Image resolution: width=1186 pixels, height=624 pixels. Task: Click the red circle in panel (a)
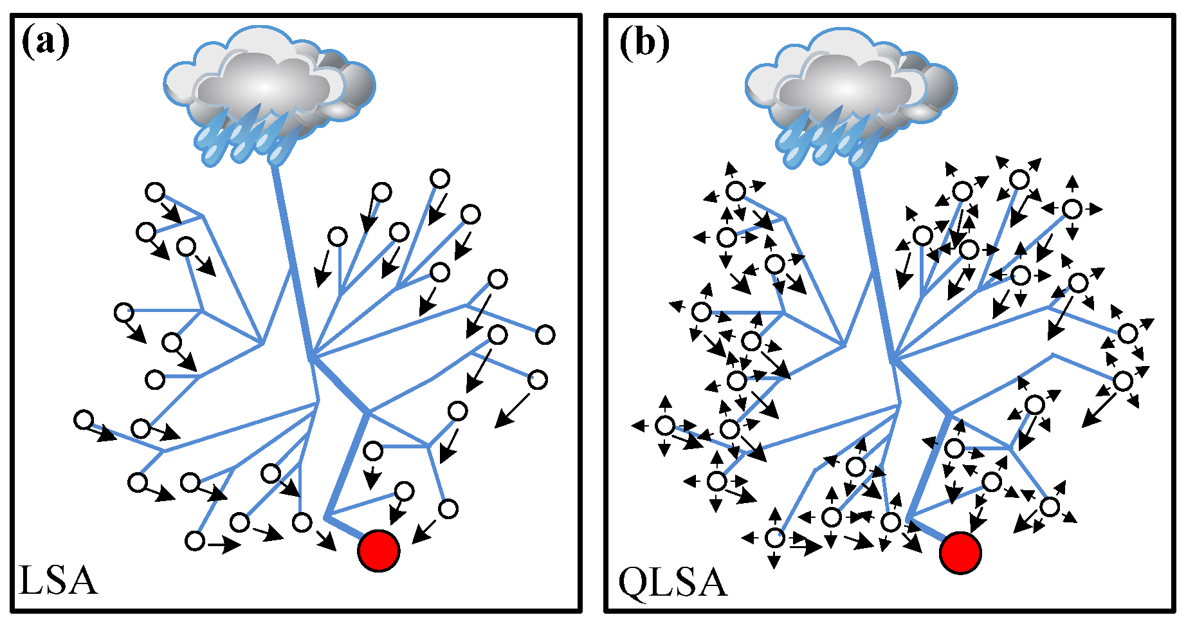[379, 551]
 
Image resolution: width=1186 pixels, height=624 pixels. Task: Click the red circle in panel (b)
[960, 552]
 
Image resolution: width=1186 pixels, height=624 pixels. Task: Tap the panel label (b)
[644, 43]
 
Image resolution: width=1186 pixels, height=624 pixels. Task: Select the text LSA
[58, 580]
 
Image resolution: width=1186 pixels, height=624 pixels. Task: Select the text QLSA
[672, 582]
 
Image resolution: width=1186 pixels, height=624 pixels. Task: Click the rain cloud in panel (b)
[849, 77]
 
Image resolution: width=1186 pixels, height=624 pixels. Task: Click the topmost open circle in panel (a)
[440, 178]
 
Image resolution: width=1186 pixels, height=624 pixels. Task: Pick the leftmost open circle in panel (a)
[84, 420]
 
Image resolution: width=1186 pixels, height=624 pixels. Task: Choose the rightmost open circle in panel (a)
[545, 335]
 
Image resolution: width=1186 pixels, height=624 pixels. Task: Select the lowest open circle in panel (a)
[195, 541]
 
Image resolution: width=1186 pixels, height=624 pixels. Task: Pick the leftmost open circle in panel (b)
[666, 426]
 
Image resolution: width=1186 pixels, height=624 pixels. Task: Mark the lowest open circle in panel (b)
[776, 538]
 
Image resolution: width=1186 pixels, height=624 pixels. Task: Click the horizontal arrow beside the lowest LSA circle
[224, 546]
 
